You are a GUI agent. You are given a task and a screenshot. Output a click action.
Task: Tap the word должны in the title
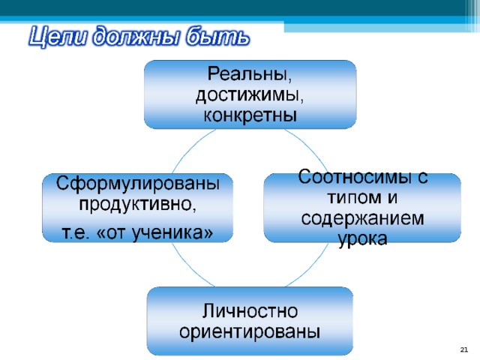pos(135,37)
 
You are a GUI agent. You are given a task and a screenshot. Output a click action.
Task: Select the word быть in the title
pos(217,37)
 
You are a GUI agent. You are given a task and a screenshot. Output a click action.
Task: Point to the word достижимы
pos(250,95)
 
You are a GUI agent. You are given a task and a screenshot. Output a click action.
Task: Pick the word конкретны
pos(250,115)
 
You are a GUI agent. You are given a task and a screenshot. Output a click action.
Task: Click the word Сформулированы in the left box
pos(138,184)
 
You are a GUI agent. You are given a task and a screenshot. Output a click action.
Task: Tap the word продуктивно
pos(137,204)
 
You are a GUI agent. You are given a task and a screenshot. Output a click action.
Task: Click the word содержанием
pos(363,218)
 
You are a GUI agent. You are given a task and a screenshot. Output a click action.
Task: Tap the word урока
pos(362,239)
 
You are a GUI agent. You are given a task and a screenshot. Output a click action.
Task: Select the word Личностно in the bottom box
pos(250,311)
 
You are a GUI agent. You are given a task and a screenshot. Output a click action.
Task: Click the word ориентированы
pos(250,331)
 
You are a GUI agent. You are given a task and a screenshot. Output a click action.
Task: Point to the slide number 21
pos(464,349)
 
